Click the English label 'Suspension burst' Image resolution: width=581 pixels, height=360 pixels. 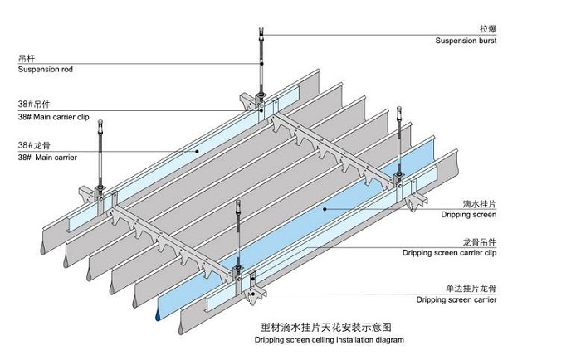pyautogui.click(x=466, y=41)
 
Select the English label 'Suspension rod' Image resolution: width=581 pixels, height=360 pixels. pyautogui.click(x=45, y=70)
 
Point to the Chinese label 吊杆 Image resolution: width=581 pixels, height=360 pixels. pyautogui.click(x=27, y=59)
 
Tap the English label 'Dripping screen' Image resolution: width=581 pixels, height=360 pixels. pyautogui.click(x=467, y=215)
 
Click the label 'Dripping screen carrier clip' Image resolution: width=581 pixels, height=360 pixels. pyautogui.click(x=449, y=252)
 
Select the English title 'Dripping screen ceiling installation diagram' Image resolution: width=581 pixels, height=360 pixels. pyautogui.click(x=326, y=340)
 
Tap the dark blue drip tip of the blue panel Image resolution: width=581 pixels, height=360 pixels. pyautogui.click(x=156, y=316)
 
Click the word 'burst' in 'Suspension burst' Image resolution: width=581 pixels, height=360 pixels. pyautogui.click(x=486, y=41)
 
